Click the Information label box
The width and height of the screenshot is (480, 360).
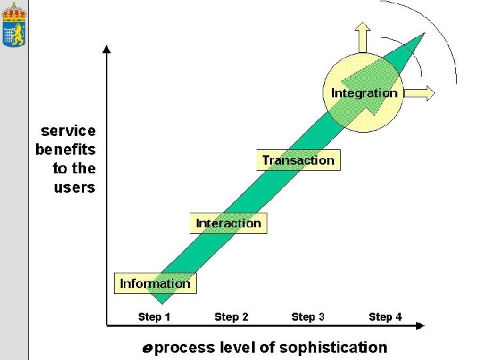[155, 283]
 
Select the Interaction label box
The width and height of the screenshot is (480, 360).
[228, 223]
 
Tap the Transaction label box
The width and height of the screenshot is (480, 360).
[298, 160]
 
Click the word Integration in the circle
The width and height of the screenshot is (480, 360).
[364, 93]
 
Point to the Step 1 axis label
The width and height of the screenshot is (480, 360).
[154, 317]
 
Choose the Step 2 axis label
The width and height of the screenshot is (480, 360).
[231, 317]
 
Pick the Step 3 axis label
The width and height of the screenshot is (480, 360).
[308, 317]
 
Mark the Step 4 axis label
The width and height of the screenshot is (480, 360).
[385, 317]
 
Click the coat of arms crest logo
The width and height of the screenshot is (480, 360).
[13, 25]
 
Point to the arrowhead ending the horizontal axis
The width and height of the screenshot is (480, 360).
[419, 325]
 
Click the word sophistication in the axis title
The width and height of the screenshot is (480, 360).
[333, 347]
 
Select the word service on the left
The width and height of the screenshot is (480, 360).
[68, 131]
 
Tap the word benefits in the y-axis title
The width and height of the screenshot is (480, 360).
[65, 149]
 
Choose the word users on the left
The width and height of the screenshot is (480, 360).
[74, 187]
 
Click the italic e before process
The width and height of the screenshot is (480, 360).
[147, 348]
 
